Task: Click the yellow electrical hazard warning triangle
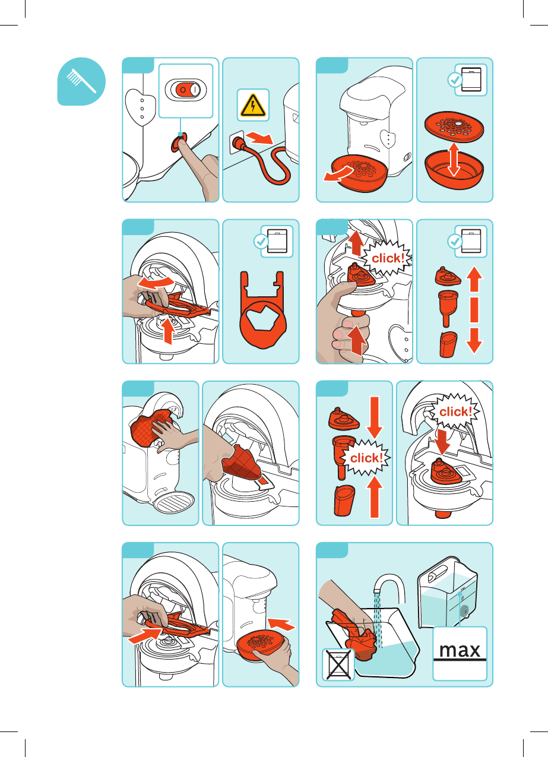click(x=253, y=106)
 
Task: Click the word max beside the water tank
click(x=460, y=650)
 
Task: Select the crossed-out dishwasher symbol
click(x=338, y=664)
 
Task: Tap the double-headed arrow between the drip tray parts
click(x=454, y=160)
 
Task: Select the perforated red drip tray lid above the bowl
click(x=454, y=126)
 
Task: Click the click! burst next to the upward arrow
click(x=388, y=258)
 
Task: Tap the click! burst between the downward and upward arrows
click(x=366, y=458)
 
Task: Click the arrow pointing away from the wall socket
click(x=259, y=138)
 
